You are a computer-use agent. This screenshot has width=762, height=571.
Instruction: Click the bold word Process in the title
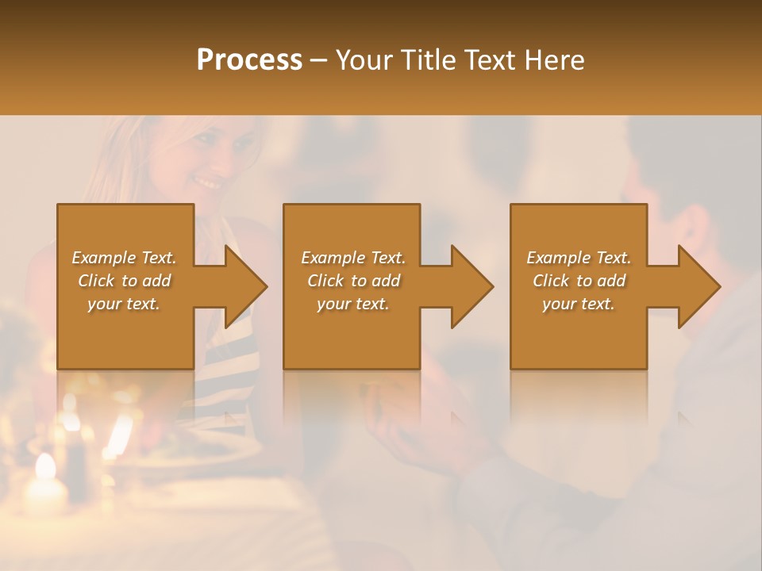point(249,60)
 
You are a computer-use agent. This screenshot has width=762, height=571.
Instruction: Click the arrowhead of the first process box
point(245,286)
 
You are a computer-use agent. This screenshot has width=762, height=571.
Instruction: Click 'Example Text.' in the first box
point(125,258)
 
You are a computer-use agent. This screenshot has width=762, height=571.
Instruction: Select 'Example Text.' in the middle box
point(353,258)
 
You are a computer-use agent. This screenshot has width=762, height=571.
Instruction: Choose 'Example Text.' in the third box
point(579,258)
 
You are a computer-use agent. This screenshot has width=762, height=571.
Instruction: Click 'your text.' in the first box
point(125,304)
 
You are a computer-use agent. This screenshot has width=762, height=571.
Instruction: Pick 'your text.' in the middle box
point(353,304)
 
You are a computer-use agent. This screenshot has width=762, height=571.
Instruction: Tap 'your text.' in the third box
point(579,304)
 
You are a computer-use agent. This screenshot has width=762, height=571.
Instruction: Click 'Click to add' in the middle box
point(353,281)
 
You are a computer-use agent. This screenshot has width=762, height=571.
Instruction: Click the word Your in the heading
point(362,60)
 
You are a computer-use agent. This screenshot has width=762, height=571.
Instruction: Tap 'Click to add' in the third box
point(579,281)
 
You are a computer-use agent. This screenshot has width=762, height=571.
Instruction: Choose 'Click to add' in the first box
point(125,281)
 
